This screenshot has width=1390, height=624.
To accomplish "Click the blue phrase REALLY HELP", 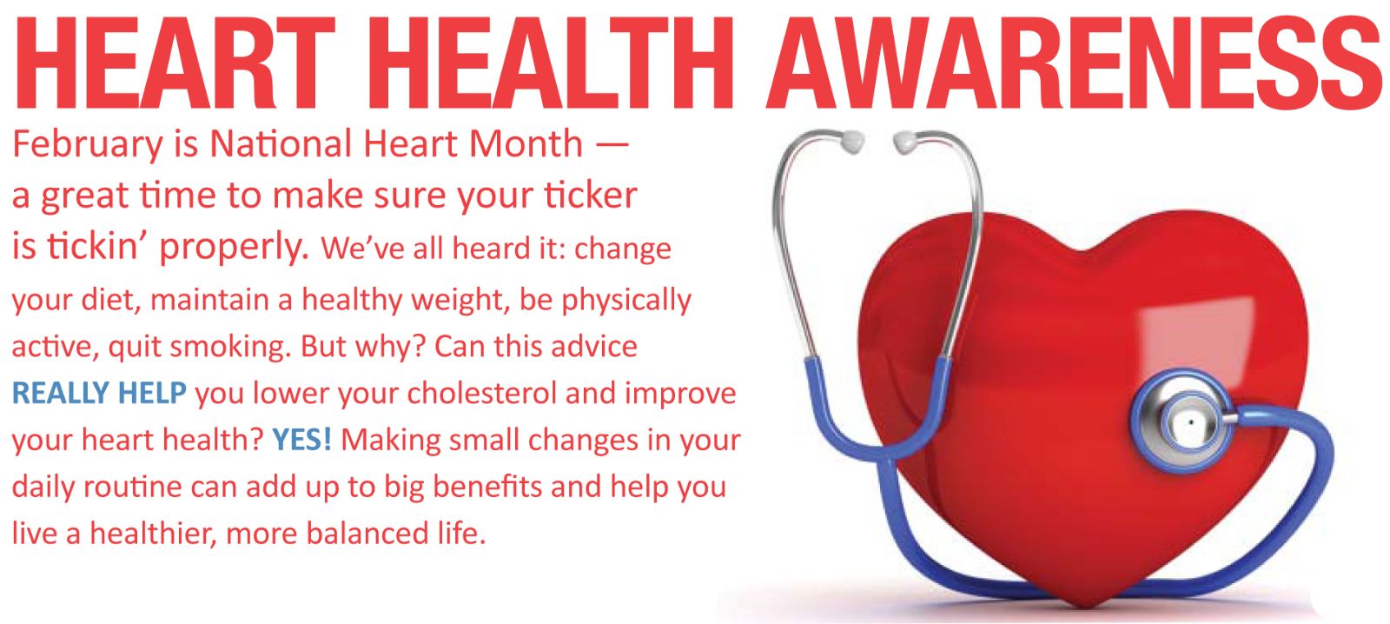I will (x=99, y=393).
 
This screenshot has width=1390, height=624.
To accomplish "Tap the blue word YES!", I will (x=301, y=440).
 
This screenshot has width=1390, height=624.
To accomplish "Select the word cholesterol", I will (x=481, y=393).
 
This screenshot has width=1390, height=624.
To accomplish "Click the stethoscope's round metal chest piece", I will (x=1186, y=422).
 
